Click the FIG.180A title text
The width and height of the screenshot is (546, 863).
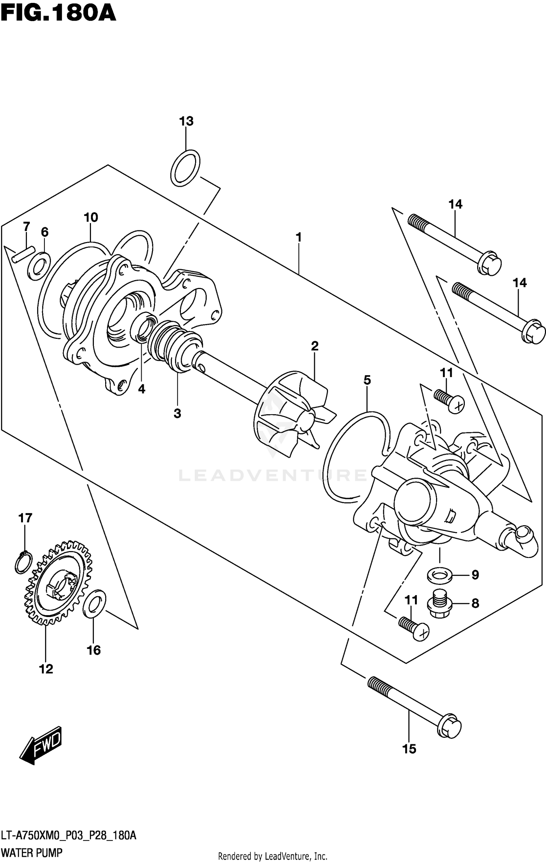point(58,13)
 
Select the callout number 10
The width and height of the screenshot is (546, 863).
point(91,217)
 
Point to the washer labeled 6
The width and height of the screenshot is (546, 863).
point(39,266)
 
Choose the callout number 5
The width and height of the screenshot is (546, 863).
point(367,380)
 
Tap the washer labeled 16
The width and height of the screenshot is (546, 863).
point(94,604)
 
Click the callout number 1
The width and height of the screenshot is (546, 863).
point(298,238)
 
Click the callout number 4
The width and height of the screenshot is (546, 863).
point(142,389)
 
